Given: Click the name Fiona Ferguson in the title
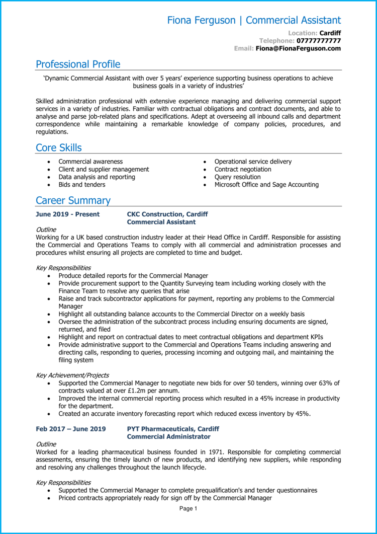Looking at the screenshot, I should tap(201, 20).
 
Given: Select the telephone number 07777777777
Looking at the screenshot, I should tap(319, 40).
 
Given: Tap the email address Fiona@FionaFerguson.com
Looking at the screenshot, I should tap(298, 48).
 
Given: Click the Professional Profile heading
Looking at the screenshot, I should tap(78, 64).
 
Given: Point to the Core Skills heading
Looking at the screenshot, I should tap(58, 148).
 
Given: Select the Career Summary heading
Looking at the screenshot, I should tap(73, 201).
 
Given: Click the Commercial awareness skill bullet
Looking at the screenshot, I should tap(90, 162).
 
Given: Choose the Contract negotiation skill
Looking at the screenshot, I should tap(243, 169).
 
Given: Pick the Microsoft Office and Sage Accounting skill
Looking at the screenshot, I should tap(266, 185).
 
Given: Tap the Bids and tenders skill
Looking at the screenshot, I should tap(82, 185).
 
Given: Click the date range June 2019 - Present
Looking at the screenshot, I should tap(67, 214).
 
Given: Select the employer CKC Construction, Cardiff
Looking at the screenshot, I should tap(167, 214).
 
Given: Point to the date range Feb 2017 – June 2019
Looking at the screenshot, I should tap(71, 429).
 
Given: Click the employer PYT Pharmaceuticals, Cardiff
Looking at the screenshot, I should tap(173, 429).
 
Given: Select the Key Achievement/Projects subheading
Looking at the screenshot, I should tap(72, 375).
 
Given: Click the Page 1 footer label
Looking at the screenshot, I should tap(189, 509).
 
